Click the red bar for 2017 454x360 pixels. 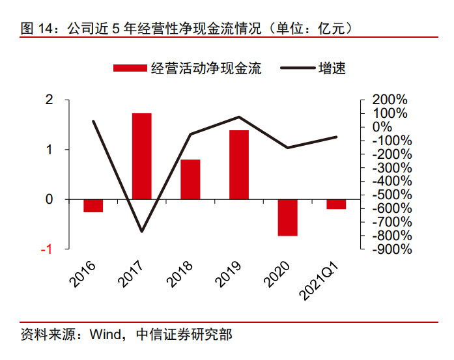142,156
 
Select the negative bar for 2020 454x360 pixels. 287,217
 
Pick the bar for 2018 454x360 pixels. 190,179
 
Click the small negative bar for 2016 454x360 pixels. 93,206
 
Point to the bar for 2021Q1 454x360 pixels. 336,204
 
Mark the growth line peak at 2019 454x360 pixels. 239,117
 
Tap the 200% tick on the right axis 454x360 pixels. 389,100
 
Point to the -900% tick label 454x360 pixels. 389,249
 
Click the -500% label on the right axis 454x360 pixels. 389,195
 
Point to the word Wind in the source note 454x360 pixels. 106,335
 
